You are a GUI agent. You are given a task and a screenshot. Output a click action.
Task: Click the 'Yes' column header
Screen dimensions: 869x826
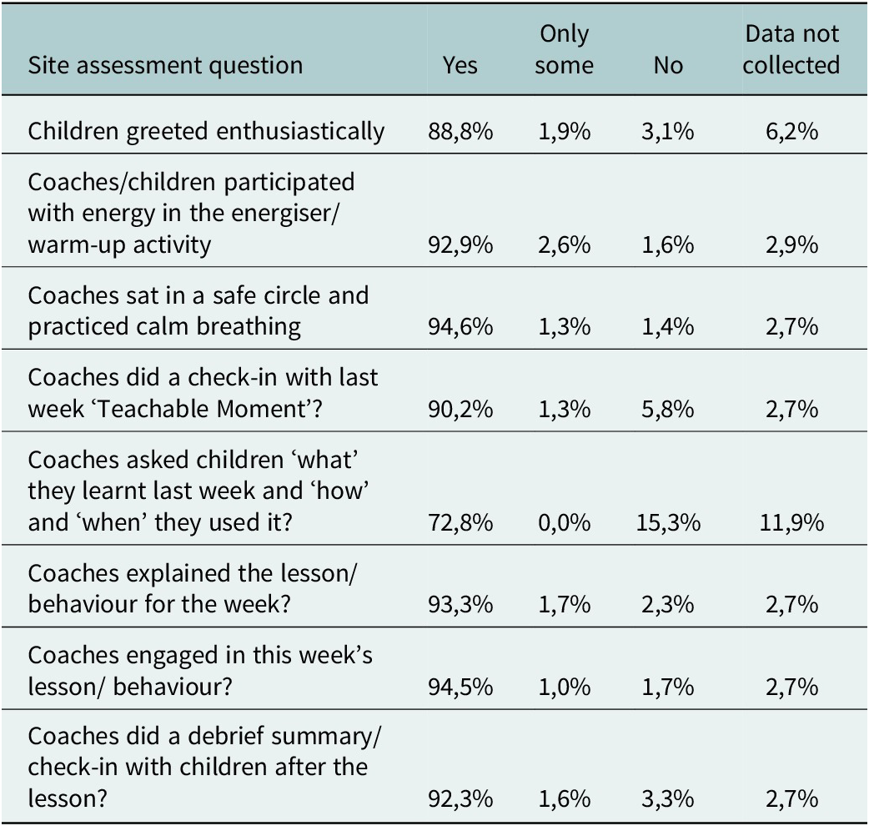pos(460,65)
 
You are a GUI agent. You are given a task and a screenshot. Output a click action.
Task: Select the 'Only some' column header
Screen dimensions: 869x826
pos(565,50)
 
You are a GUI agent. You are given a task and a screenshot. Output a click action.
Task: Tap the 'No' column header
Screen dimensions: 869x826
pos(668,65)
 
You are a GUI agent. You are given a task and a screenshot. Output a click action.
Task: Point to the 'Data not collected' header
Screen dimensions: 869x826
pos(791,50)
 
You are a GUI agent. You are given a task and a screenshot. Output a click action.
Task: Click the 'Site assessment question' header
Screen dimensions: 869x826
pos(165,66)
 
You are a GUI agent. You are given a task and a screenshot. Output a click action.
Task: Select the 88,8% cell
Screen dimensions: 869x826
pos(460,132)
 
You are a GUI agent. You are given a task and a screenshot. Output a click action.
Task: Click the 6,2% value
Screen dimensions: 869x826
pos(791,132)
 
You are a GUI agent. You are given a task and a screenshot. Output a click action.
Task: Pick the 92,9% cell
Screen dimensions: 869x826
pos(460,245)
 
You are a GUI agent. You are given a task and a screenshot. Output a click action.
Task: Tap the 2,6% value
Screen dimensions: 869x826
pos(565,245)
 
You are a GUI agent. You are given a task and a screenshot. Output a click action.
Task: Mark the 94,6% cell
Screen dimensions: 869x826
pos(460,327)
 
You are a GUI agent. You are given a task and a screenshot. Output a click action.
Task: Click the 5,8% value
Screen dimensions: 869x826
pos(668,410)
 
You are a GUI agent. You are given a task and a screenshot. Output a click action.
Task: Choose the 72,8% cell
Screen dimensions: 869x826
pos(460,523)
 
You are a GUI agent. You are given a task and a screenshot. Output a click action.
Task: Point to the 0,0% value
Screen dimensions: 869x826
pos(565,523)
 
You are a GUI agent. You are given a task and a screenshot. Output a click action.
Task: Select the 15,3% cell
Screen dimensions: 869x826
pos(668,523)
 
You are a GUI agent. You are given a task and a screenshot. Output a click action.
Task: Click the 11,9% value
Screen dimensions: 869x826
pos(791,523)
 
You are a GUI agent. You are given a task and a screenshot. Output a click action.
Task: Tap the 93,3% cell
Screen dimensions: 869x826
pos(460,605)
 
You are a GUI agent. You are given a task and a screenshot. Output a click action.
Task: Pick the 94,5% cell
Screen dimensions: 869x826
pos(460,687)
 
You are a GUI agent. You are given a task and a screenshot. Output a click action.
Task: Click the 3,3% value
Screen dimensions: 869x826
pos(668,799)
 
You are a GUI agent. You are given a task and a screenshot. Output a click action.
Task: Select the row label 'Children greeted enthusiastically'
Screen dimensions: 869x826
pos(206,132)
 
